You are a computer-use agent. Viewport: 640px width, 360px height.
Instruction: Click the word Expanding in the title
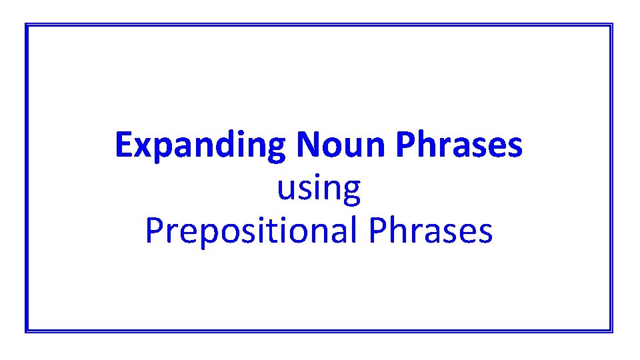(200, 145)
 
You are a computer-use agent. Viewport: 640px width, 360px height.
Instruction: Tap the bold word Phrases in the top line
(459, 145)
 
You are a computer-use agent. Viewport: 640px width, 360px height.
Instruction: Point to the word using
(319, 189)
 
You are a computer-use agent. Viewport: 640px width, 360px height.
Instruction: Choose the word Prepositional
(251, 231)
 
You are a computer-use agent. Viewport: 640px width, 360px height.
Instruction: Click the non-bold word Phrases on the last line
(430, 231)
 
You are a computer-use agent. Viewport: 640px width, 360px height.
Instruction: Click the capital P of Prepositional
(153, 231)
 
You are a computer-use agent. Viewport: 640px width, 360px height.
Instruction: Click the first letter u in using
(286, 191)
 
